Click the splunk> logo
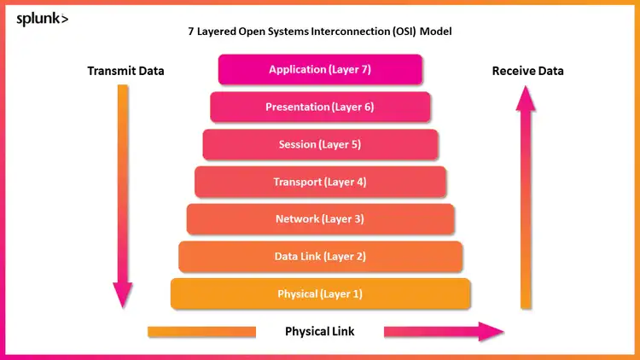[42, 18]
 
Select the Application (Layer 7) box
[320, 70]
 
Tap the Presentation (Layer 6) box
[320, 107]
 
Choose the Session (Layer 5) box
[320, 145]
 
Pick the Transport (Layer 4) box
[320, 182]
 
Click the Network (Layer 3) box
[320, 219]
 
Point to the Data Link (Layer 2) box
[320, 257]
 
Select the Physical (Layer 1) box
[320, 294]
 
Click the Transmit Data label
[125, 71]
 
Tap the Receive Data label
[527, 71]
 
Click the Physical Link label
[319, 331]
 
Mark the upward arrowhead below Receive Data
[527, 98]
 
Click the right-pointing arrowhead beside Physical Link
[492, 331]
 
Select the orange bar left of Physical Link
[201, 331]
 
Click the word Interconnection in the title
[330, 32]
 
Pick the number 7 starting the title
[191, 32]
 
